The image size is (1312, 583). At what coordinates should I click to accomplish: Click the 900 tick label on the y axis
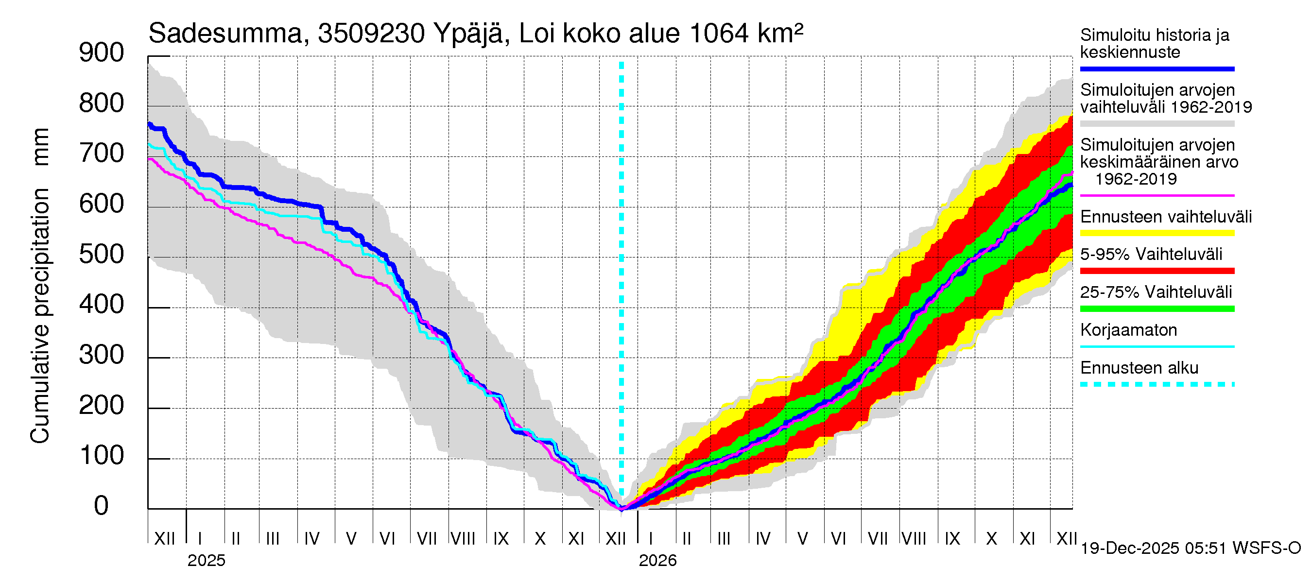point(102,53)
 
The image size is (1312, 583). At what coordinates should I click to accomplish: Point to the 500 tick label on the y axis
point(102,254)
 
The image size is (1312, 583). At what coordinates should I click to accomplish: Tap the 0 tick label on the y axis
point(102,506)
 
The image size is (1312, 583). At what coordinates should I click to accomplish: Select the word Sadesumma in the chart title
point(225,34)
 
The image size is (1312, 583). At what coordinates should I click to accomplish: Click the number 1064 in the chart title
point(719,34)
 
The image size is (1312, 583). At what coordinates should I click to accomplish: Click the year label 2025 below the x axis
point(206,560)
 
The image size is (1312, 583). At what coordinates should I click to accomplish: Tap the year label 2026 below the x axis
point(657,560)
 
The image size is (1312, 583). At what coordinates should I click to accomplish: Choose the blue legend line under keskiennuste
point(1157,69)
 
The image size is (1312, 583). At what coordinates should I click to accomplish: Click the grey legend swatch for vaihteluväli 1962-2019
point(1157,124)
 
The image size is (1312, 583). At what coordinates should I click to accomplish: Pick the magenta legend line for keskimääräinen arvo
point(1157,195)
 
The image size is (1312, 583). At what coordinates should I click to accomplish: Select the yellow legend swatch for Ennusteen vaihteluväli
point(1157,233)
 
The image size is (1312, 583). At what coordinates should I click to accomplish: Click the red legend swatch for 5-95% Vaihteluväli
point(1157,271)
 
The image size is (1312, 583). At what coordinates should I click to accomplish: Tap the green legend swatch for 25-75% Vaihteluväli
point(1157,309)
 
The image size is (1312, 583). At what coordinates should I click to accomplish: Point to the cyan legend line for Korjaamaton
point(1157,347)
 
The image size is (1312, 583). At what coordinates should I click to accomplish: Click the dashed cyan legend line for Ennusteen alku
point(1157,384)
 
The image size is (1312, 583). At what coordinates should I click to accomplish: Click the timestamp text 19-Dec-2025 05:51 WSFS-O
point(1190,548)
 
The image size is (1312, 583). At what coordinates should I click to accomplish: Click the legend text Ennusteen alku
point(1139,368)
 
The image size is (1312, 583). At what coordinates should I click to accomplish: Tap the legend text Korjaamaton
point(1128,330)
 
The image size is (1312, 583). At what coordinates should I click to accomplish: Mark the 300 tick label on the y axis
point(102,355)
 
